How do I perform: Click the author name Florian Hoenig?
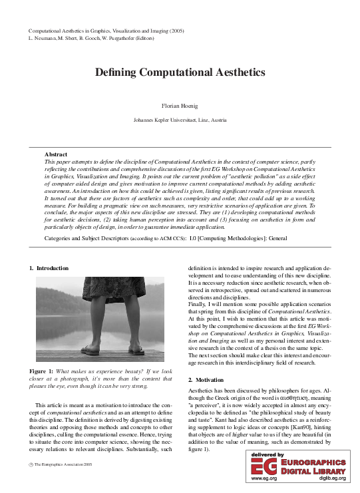click(180, 106)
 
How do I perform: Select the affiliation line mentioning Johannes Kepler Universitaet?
click(180, 120)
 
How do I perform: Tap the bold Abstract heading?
click(56, 154)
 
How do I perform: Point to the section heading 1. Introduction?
click(49, 267)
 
